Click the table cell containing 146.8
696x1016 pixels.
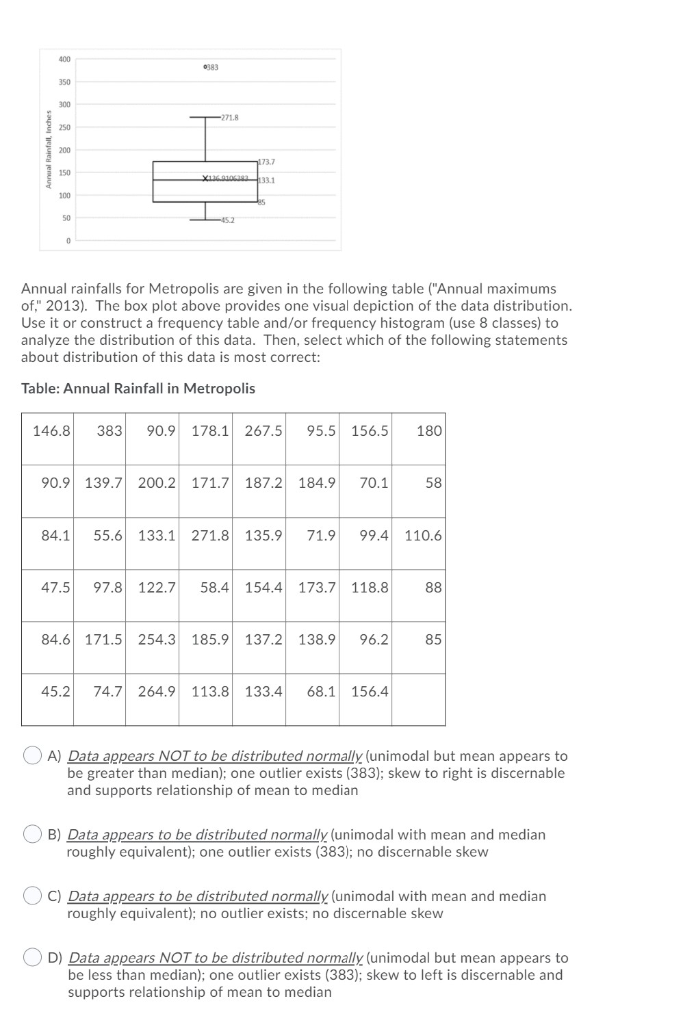[x=51, y=430]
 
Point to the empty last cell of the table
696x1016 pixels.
[x=418, y=699]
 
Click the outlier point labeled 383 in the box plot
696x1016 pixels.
[x=205, y=66]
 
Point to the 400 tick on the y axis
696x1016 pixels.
[x=64, y=60]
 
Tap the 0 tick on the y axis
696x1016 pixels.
[x=68, y=240]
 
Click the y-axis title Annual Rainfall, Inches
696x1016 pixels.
[x=49, y=150]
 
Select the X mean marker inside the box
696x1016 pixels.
[x=205, y=179]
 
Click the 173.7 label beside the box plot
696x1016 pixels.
[x=267, y=162]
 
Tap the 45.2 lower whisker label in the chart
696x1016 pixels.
[x=227, y=220]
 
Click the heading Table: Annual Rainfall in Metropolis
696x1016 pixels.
[x=138, y=388]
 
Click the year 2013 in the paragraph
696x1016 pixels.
[x=62, y=305]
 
